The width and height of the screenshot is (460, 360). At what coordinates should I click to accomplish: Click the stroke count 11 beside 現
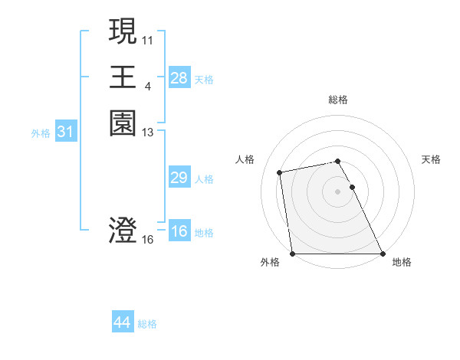[x=148, y=38]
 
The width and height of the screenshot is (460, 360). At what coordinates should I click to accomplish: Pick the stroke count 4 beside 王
[x=147, y=85]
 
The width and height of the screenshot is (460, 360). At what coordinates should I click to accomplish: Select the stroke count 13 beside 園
[x=148, y=132]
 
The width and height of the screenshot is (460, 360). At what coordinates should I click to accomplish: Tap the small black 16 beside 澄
[x=148, y=240]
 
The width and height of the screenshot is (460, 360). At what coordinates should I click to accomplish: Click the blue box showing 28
[x=179, y=77]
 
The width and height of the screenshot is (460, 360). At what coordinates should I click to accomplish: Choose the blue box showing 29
[x=179, y=178]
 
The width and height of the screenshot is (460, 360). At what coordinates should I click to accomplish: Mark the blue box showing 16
[x=179, y=231]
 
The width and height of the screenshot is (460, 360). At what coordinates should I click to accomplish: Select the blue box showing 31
[x=66, y=132]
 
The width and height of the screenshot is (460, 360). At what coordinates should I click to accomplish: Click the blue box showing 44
[x=123, y=322]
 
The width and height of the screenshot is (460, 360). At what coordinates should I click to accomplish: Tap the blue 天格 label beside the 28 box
[x=204, y=79]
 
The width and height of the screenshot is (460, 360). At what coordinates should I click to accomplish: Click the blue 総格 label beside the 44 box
[x=147, y=324]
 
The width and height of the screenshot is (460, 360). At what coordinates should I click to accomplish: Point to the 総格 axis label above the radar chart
[x=338, y=100]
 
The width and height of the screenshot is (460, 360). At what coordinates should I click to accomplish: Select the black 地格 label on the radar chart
[x=402, y=262]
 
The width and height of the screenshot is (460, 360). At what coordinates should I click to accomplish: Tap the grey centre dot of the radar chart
[x=338, y=191]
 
